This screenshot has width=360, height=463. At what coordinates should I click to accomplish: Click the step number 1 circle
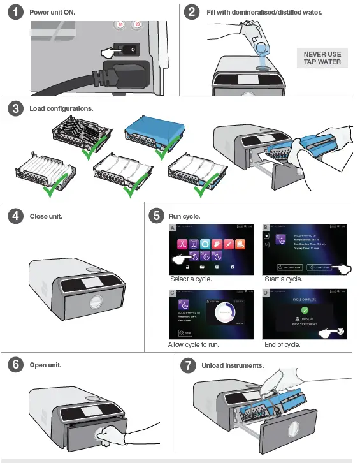click(x=15, y=12)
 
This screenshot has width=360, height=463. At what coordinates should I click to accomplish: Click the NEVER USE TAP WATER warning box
click(x=322, y=59)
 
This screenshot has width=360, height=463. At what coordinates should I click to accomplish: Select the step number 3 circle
click(x=15, y=108)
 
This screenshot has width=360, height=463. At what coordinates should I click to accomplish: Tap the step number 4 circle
click(x=15, y=216)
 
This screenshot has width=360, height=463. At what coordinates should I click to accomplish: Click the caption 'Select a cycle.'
click(x=191, y=279)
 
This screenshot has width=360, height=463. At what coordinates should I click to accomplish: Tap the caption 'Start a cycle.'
click(x=284, y=279)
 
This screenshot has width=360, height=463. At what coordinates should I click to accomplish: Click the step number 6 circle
click(x=15, y=365)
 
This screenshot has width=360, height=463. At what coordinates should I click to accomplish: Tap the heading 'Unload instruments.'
click(x=233, y=365)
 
